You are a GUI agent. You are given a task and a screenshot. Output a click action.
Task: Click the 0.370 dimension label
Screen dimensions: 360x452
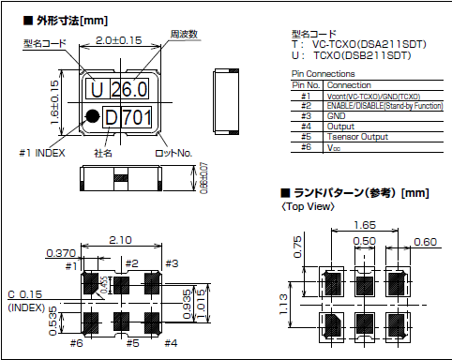tap(62, 253)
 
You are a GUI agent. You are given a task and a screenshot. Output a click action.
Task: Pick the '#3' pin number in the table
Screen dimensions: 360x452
tap(306, 114)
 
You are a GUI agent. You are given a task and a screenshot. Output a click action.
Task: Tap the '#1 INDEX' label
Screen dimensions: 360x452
tap(43, 151)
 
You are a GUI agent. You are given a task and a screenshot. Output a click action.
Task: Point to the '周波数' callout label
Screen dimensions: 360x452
tap(184, 34)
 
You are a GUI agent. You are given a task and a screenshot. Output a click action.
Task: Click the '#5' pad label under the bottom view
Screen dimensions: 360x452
tap(131, 344)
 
